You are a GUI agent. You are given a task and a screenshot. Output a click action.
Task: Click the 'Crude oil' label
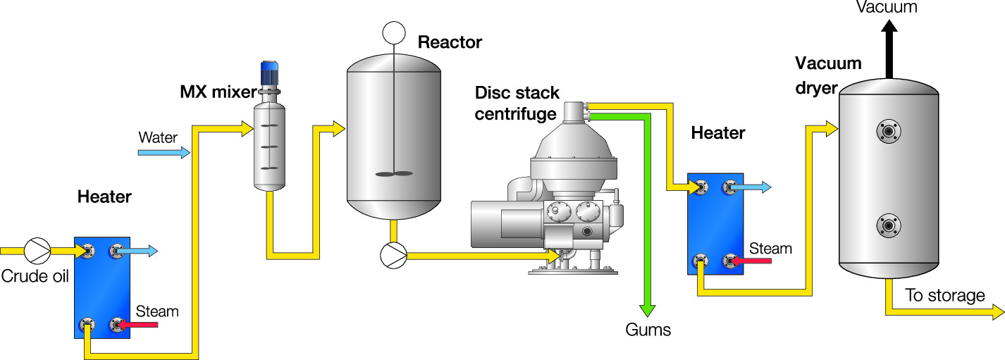pos(35,275)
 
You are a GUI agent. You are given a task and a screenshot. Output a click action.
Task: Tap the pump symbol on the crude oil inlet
pos(37,250)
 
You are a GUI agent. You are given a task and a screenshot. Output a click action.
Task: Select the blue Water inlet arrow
pos(164,151)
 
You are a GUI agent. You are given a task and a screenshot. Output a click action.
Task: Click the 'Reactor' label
pos(450,42)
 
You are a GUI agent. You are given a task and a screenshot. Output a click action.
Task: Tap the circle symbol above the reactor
pos(393,32)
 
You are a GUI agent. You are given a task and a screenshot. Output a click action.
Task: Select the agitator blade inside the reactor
pos(393,173)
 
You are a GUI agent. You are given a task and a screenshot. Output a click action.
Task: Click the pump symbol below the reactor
pos(393,255)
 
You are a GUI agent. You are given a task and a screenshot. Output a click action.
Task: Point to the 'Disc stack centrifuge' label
pos(517,103)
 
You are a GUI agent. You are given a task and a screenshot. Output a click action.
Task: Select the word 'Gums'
pos(648,330)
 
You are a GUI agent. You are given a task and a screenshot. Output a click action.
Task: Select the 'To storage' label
pos(944,295)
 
